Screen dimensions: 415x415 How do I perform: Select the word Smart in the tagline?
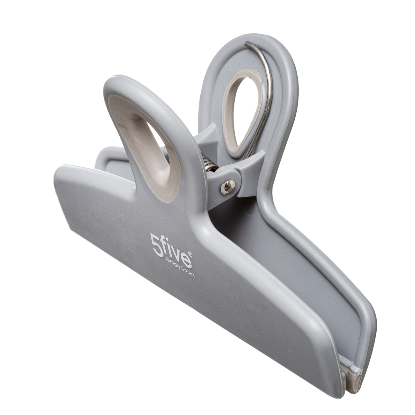pos(187,273)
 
